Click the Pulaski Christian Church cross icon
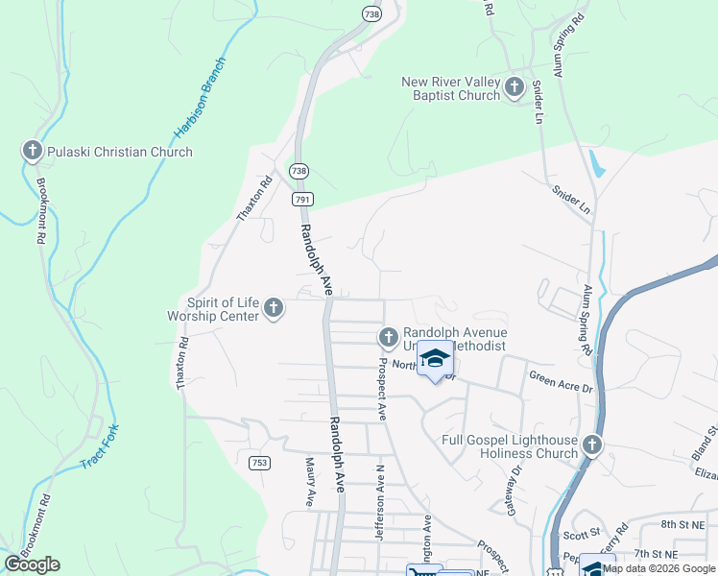[32, 151]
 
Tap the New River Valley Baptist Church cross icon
[514, 88]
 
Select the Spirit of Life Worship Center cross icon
[274, 308]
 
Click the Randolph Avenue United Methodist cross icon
[388, 337]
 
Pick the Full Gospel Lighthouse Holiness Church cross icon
[592, 444]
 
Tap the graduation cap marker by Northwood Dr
[435, 359]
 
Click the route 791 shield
[300, 198]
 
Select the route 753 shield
[258, 463]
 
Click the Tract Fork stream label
[99, 447]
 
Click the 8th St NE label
[683, 524]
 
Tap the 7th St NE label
[657, 554]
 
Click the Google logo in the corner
[32, 564]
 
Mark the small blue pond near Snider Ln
[598, 163]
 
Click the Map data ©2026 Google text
[659, 568]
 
